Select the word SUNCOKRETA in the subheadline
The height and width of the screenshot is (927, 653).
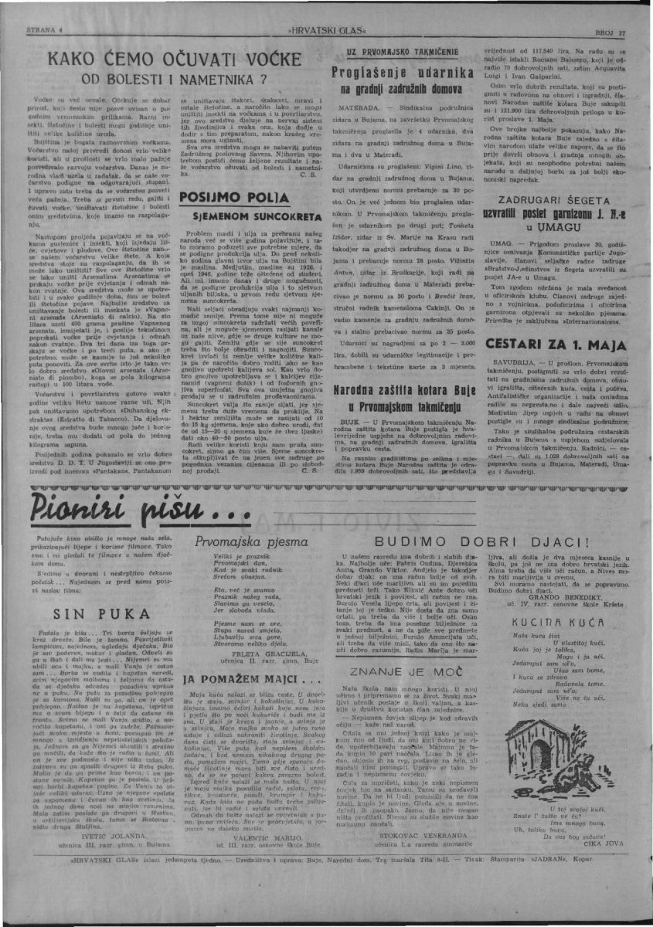[234, 216]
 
